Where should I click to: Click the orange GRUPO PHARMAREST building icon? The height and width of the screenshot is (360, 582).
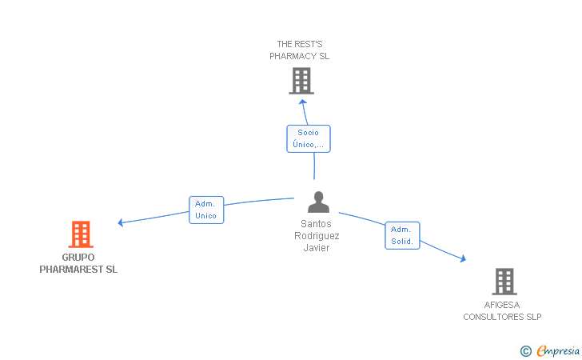[x=81, y=234]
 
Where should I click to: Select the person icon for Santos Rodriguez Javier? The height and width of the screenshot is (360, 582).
[x=318, y=202]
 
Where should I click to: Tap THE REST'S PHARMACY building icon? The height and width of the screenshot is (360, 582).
[x=301, y=81]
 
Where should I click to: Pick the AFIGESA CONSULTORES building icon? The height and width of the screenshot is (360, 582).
[x=504, y=282]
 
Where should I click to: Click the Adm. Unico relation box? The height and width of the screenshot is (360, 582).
[x=206, y=210]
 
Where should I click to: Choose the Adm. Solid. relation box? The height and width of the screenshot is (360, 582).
[x=402, y=235]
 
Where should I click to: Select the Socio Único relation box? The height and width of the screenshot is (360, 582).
[x=309, y=138]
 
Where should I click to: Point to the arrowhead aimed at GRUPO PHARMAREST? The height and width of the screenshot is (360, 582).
[x=120, y=222]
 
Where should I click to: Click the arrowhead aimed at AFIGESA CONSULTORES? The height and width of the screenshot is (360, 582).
[x=463, y=258]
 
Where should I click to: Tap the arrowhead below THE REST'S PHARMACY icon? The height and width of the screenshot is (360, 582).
[x=303, y=102]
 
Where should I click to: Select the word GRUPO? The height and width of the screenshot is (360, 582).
[x=78, y=257]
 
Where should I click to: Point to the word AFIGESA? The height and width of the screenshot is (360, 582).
[x=502, y=305]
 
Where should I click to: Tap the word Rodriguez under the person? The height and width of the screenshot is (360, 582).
[x=317, y=236]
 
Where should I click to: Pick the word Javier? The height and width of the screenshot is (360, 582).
[x=317, y=248]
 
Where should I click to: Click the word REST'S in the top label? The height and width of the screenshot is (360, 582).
[x=309, y=44]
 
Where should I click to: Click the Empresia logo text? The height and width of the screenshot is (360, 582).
[x=558, y=350]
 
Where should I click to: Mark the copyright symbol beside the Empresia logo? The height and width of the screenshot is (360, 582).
[x=526, y=351]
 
